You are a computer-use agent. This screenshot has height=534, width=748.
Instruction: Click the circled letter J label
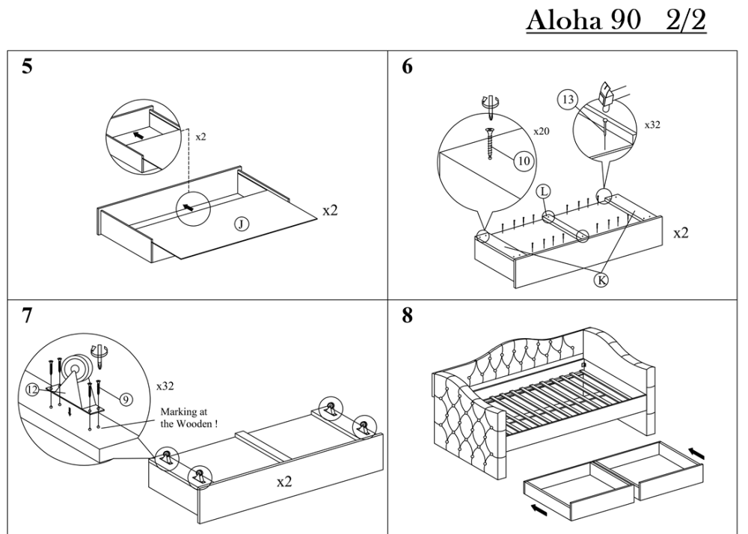[241, 223]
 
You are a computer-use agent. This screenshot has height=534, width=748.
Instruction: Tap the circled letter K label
[600, 280]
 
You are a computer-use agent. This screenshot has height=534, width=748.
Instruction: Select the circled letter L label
[544, 192]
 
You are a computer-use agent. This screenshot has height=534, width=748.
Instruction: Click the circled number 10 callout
[521, 159]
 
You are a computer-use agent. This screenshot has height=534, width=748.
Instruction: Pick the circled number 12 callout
[33, 389]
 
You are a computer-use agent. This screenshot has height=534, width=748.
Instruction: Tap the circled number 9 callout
[126, 400]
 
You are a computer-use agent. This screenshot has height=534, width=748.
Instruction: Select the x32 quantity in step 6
[652, 125]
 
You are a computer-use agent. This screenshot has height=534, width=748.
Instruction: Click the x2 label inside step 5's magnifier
[201, 138]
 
